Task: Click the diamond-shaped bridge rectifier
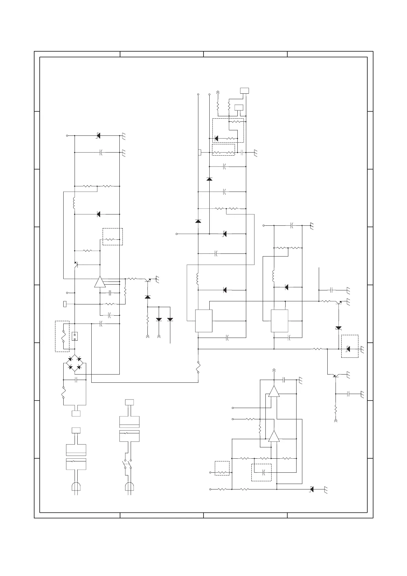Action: click(75, 363)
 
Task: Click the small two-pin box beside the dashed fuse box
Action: click(75, 337)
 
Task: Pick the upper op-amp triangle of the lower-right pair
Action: click(274, 392)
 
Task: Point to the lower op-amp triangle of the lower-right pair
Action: click(274, 436)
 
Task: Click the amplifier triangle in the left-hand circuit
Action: click(100, 282)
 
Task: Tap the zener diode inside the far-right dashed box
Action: click(349, 349)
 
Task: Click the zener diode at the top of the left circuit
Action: click(98, 135)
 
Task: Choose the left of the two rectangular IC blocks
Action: click(203, 321)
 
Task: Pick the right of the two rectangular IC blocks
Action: click(279, 321)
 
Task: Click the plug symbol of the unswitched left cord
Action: click(76, 487)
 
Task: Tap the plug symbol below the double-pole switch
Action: click(129, 487)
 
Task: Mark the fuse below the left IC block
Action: click(198, 367)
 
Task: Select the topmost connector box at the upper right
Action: click(244, 91)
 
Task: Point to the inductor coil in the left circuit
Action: click(74, 203)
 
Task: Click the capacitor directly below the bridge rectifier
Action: click(76, 380)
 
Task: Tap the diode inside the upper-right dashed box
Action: click(216, 139)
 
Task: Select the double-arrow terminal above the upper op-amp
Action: click(274, 370)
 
